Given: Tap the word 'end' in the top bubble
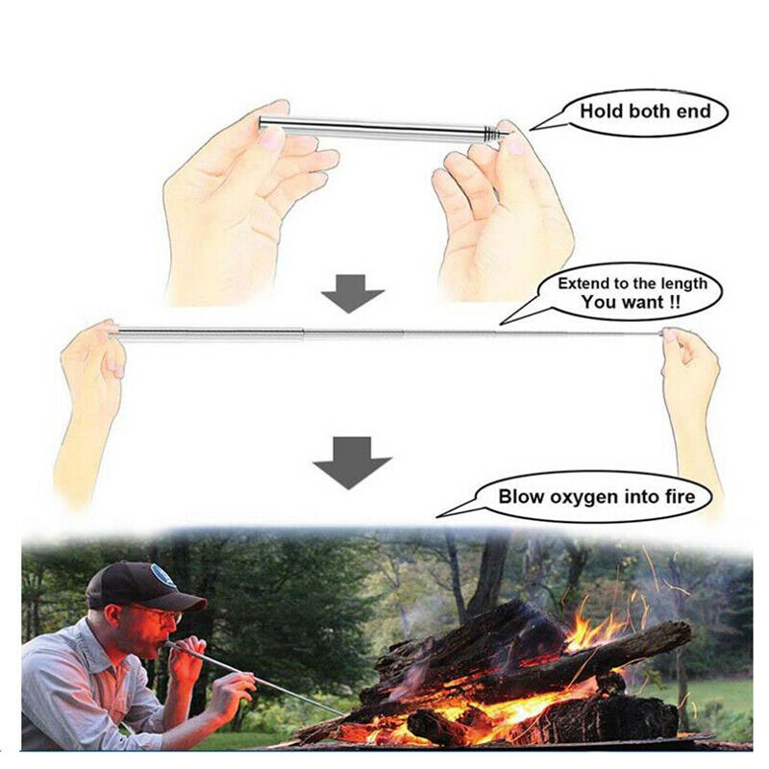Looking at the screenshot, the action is [x=694, y=112].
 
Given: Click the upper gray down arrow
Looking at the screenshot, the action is [x=352, y=294].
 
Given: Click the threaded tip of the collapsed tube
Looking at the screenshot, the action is [x=494, y=134].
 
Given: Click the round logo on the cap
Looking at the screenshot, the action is [x=163, y=575].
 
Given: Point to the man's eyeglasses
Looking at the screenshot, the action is [x=161, y=615].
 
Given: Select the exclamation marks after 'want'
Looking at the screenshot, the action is [x=675, y=302].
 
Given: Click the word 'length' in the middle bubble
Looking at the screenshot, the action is [x=683, y=284].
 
